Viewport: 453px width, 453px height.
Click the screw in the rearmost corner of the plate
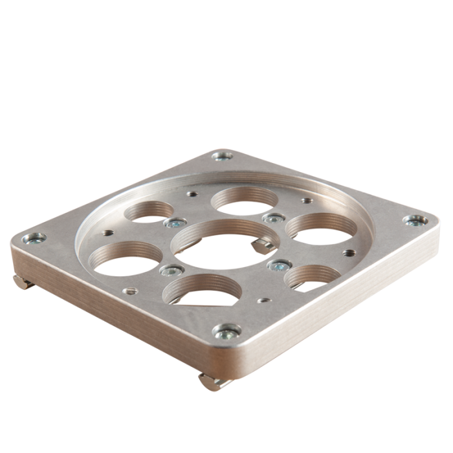tap(223, 155)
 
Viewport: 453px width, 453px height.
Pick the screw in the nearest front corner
tap(226, 333)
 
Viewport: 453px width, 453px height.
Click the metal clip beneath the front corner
tap(214, 382)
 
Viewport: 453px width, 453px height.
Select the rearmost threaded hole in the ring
tap(240, 199)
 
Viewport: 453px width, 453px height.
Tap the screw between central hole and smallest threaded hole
tap(280, 265)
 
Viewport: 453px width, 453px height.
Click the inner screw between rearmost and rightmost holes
tap(274, 219)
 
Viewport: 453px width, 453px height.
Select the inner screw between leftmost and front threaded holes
tap(168, 271)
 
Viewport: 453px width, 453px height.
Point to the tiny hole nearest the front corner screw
tap(261, 300)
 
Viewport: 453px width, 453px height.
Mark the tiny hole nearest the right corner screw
tap(349, 252)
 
